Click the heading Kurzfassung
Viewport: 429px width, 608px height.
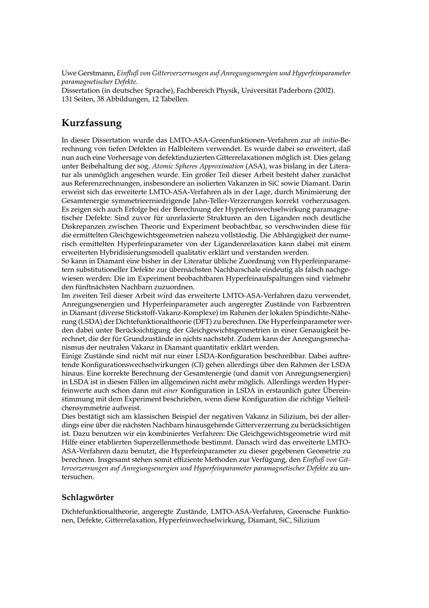point(91,123)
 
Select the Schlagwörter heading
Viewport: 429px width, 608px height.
point(88,498)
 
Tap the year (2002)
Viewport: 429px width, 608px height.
point(325,91)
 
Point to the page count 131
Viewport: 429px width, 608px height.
point(68,99)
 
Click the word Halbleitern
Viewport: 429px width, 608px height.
point(150,149)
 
